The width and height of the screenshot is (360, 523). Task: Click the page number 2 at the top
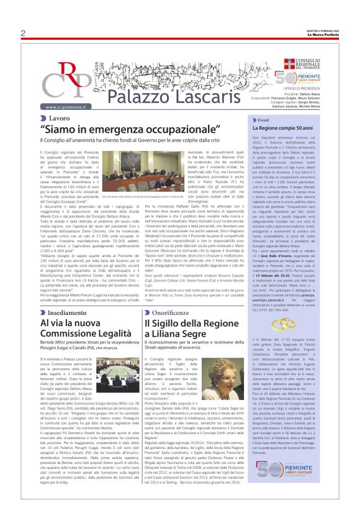22,34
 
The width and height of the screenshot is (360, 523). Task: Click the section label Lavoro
60,117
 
